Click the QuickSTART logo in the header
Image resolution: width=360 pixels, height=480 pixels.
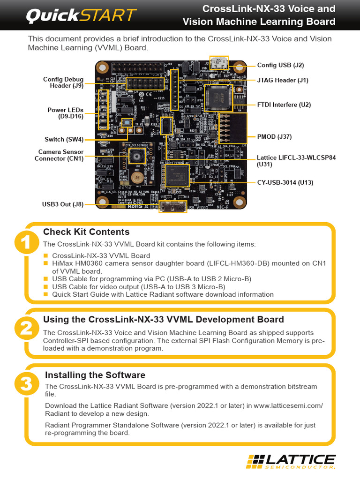click(x=81, y=16)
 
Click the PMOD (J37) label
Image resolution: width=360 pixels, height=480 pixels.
click(x=274, y=136)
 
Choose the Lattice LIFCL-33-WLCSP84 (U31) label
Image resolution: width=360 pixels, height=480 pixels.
click(x=296, y=161)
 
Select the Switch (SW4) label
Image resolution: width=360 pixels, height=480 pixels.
click(x=64, y=139)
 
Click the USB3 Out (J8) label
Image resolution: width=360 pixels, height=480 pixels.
click(x=63, y=204)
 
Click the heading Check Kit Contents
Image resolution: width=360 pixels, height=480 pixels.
click(x=86, y=232)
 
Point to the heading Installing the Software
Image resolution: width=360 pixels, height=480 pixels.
click(x=95, y=375)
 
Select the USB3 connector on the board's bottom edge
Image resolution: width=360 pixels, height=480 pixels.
click(x=173, y=206)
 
